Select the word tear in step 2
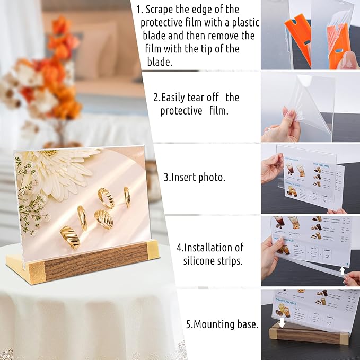click(x=207, y=98)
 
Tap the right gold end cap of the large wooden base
click(x=153, y=249)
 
